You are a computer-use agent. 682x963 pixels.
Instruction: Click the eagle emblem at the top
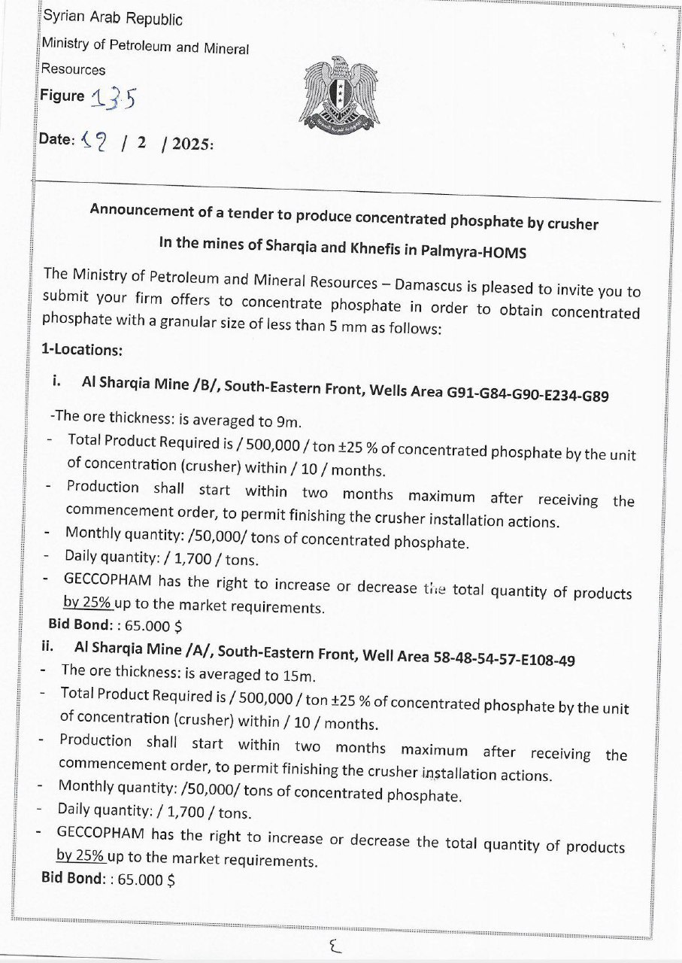(x=342, y=94)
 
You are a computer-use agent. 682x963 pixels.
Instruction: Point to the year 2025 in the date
(x=192, y=144)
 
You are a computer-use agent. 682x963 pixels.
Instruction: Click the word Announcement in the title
(x=141, y=211)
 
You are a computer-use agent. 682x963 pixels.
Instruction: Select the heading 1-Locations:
(x=82, y=350)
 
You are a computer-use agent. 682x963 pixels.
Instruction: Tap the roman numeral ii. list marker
(x=49, y=646)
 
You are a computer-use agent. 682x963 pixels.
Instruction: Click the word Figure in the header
(x=62, y=96)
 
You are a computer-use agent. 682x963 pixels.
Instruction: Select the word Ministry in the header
(x=65, y=44)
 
